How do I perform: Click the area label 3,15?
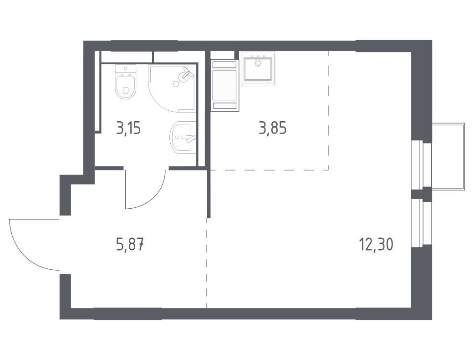[x=129, y=129]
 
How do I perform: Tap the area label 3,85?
[x=273, y=128]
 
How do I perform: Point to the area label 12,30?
[x=377, y=244]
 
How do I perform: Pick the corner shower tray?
[x=172, y=88]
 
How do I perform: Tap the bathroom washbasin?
[x=183, y=137]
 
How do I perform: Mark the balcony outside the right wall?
[x=448, y=156]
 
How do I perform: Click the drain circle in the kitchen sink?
[x=258, y=63]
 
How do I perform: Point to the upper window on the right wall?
[x=422, y=165]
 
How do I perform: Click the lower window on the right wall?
[x=422, y=223]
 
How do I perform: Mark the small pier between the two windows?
[x=422, y=194]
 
